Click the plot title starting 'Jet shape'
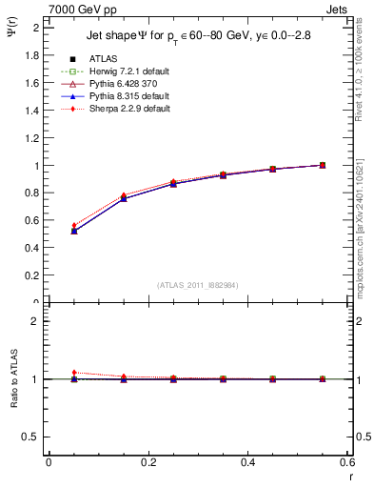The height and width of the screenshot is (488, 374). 198,36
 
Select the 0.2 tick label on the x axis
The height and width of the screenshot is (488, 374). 148,461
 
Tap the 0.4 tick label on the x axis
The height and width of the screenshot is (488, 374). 247,461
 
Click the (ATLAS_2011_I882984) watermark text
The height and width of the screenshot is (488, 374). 198,285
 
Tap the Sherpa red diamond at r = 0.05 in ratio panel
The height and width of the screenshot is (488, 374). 74,373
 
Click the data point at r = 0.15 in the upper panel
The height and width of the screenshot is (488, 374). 124,197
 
